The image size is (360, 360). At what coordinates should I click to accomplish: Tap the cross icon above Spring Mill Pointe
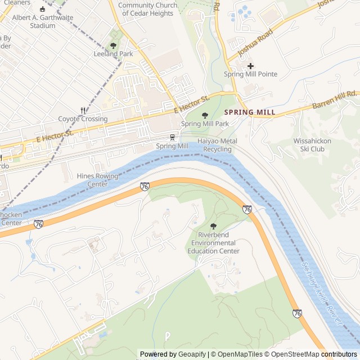250,66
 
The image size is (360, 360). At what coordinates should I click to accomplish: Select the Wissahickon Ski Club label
309,145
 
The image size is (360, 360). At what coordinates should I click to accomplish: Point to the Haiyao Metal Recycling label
217,145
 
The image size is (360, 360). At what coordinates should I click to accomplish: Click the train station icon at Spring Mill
172,137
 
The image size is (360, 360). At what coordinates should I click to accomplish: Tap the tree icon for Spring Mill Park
204,115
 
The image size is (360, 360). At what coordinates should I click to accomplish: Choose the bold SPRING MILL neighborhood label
250,112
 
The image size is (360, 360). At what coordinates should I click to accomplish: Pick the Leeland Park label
114,54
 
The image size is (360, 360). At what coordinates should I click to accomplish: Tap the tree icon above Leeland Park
114,46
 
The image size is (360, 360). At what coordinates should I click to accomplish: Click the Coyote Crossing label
83,119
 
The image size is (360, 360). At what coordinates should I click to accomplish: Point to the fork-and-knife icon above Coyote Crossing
83,111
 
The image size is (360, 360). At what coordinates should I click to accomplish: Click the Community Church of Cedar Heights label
147,9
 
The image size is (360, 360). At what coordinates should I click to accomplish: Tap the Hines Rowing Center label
98,180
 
